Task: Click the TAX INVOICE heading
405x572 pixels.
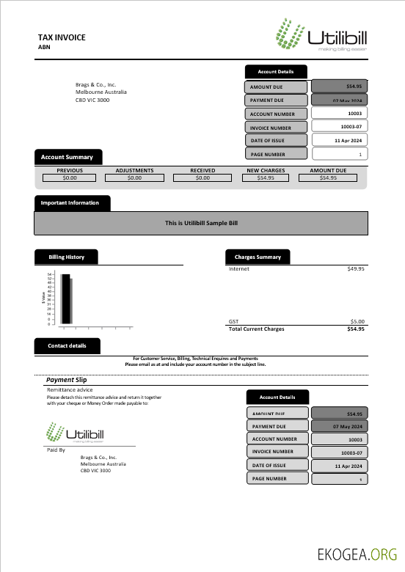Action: [x=62, y=37]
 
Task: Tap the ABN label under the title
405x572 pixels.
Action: [x=44, y=47]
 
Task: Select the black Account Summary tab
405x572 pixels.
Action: [x=67, y=157]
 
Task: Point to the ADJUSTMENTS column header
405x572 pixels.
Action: [x=134, y=170]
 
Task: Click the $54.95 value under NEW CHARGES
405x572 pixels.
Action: [x=266, y=177]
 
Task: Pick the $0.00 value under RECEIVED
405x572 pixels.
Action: [x=202, y=177]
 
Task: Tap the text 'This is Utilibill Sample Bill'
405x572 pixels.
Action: [x=201, y=223]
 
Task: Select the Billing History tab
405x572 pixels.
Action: [x=66, y=257]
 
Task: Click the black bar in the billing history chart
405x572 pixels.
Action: [x=66, y=298]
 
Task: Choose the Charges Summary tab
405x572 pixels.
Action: [x=258, y=257]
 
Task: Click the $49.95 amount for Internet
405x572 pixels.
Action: [x=355, y=269]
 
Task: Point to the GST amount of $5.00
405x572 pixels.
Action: [x=357, y=321]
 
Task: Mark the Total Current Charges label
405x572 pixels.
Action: [x=257, y=329]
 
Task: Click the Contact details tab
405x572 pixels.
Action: [x=67, y=345]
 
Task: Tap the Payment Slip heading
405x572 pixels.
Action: [x=66, y=380]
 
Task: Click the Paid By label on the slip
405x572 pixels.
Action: [x=56, y=450]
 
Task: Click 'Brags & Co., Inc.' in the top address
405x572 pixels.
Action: [x=96, y=85]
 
